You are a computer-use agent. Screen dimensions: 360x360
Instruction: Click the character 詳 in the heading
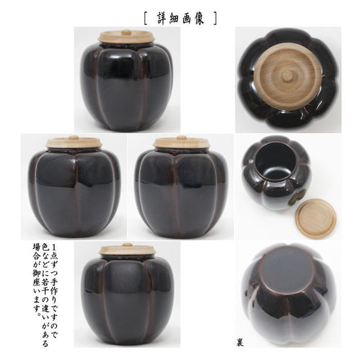click(163, 18)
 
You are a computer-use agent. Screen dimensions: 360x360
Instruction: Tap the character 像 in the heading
click(198, 18)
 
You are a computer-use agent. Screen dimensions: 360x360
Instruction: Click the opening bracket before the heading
click(146, 18)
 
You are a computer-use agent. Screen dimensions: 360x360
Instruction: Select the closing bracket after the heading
click(215, 18)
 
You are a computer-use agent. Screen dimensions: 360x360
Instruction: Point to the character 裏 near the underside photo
click(240, 343)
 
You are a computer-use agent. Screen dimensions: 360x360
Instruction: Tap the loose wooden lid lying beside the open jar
click(315, 218)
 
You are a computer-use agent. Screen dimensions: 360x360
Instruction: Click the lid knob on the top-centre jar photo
click(126, 32)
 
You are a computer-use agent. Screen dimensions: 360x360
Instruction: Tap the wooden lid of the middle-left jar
click(74, 142)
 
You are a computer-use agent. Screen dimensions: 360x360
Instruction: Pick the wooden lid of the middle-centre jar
click(182, 142)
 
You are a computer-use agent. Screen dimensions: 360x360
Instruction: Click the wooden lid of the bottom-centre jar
click(126, 249)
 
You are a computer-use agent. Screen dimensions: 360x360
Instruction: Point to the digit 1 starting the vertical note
click(54, 248)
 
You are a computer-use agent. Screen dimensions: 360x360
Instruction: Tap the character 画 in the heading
click(186, 18)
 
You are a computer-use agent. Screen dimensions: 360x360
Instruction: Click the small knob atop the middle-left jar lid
click(74, 138)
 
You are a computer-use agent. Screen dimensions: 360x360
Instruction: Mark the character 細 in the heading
click(175, 18)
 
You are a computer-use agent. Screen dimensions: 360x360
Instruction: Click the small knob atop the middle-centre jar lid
click(181, 138)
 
